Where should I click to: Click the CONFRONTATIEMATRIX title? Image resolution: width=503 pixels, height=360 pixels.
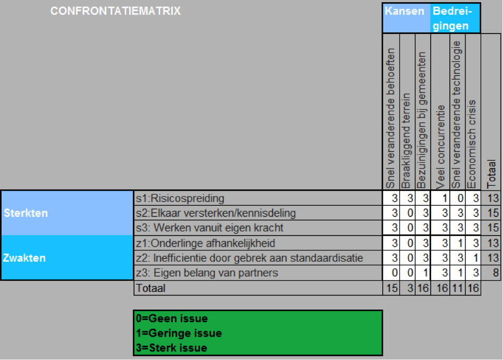click(115, 11)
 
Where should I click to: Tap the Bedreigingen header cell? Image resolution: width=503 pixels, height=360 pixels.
click(455, 18)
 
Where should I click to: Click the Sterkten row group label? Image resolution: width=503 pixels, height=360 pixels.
click(26, 213)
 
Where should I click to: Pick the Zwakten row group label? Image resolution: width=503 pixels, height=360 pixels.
click(24, 258)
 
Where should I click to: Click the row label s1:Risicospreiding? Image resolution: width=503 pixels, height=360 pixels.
click(180, 198)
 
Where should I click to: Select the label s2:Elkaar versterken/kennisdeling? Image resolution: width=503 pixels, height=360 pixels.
click(216, 213)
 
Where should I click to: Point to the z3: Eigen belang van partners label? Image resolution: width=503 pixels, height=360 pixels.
click(207, 273)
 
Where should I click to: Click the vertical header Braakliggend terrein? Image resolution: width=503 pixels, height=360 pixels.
click(407, 140)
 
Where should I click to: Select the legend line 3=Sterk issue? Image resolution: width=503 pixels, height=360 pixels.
click(172, 348)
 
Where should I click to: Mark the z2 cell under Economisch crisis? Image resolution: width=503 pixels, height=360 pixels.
click(473, 258)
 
